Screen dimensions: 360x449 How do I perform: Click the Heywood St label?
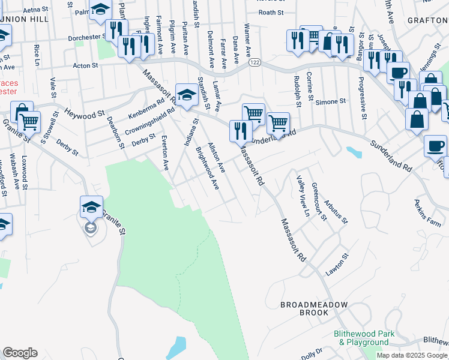pos(85,112)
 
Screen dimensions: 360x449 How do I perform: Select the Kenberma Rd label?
pos(147,108)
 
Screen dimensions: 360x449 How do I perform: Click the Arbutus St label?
pos(336,211)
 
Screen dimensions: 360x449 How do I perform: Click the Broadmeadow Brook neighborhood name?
pos(314,309)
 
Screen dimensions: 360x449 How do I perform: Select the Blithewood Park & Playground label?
pos(364,338)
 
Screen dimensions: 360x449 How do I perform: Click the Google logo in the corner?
pos(20,353)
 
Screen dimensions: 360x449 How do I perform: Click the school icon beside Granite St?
pos(92,208)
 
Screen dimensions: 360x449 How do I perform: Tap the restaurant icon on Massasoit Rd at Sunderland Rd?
pos(240,131)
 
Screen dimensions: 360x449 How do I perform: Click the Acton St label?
pos(85,65)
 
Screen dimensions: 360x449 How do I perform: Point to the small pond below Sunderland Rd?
pos(354,152)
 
